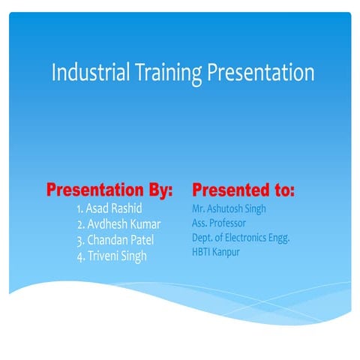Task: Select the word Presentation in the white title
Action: (260, 73)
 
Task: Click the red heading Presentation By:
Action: (109, 188)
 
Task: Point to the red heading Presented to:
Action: (244, 188)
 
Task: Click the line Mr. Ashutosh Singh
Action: (229, 208)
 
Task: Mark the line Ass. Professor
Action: (219, 223)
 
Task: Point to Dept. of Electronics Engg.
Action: (241, 238)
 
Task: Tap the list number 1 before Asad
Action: (80, 208)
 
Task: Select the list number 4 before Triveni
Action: (79, 256)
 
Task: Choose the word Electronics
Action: (246, 238)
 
